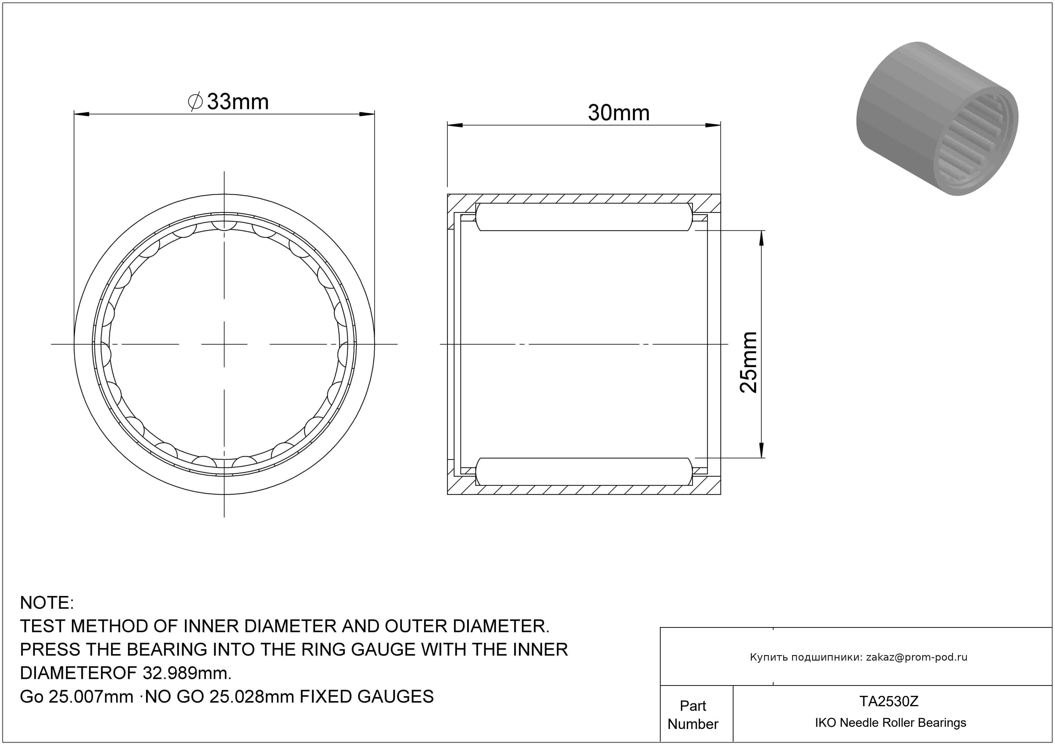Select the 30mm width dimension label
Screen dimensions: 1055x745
619,113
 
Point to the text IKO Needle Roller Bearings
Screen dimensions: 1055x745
890,723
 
